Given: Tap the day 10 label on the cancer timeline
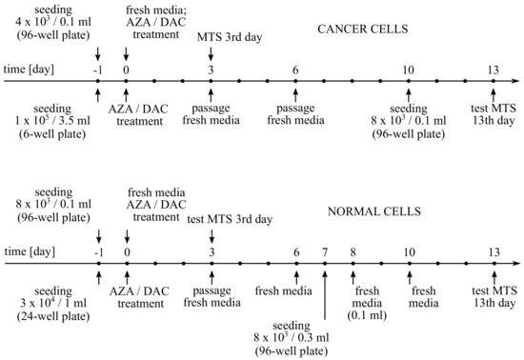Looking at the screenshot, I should (x=409, y=70).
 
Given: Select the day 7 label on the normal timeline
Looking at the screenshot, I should (x=325, y=252).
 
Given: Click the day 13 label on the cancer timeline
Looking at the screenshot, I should (x=493, y=70).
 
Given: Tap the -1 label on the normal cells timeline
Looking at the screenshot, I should (x=98, y=252).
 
